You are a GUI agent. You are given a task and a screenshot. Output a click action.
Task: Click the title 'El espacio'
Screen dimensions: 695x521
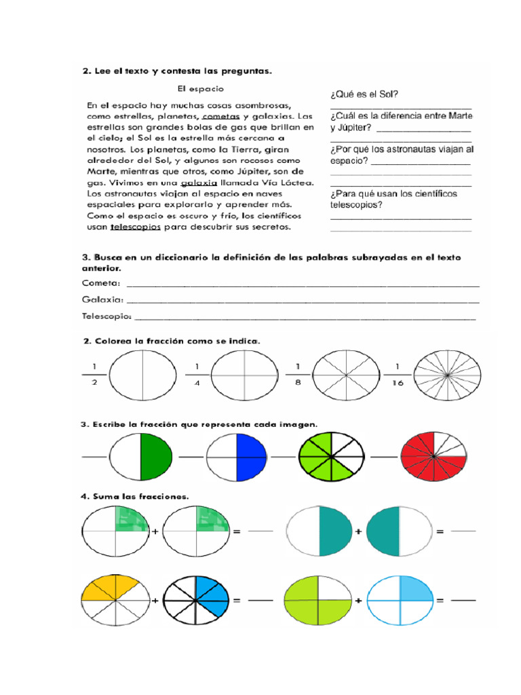pyautogui.click(x=200, y=88)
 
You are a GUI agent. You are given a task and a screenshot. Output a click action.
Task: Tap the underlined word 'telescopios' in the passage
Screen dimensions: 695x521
pyautogui.click(x=136, y=227)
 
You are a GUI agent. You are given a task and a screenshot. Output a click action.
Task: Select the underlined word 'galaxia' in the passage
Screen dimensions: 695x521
pyautogui.click(x=199, y=183)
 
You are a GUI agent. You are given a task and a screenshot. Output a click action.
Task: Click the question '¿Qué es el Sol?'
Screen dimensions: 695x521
pyautogui.click(x=364, y=95)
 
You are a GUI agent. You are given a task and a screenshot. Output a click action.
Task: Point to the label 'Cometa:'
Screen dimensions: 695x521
pyautogui.click(x=101, y=283)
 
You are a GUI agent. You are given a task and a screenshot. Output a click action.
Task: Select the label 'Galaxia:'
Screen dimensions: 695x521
pyautogui.click(x=102, y=299)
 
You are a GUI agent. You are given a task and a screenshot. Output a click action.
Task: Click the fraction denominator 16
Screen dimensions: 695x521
pyautogui.click(x=399, y=383)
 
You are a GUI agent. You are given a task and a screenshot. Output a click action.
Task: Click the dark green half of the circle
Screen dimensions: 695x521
pyautogui.click(x=156, y=457)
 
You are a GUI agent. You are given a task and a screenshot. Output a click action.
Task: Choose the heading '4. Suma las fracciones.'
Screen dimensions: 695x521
pyautogui.click(x=134, y=496)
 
